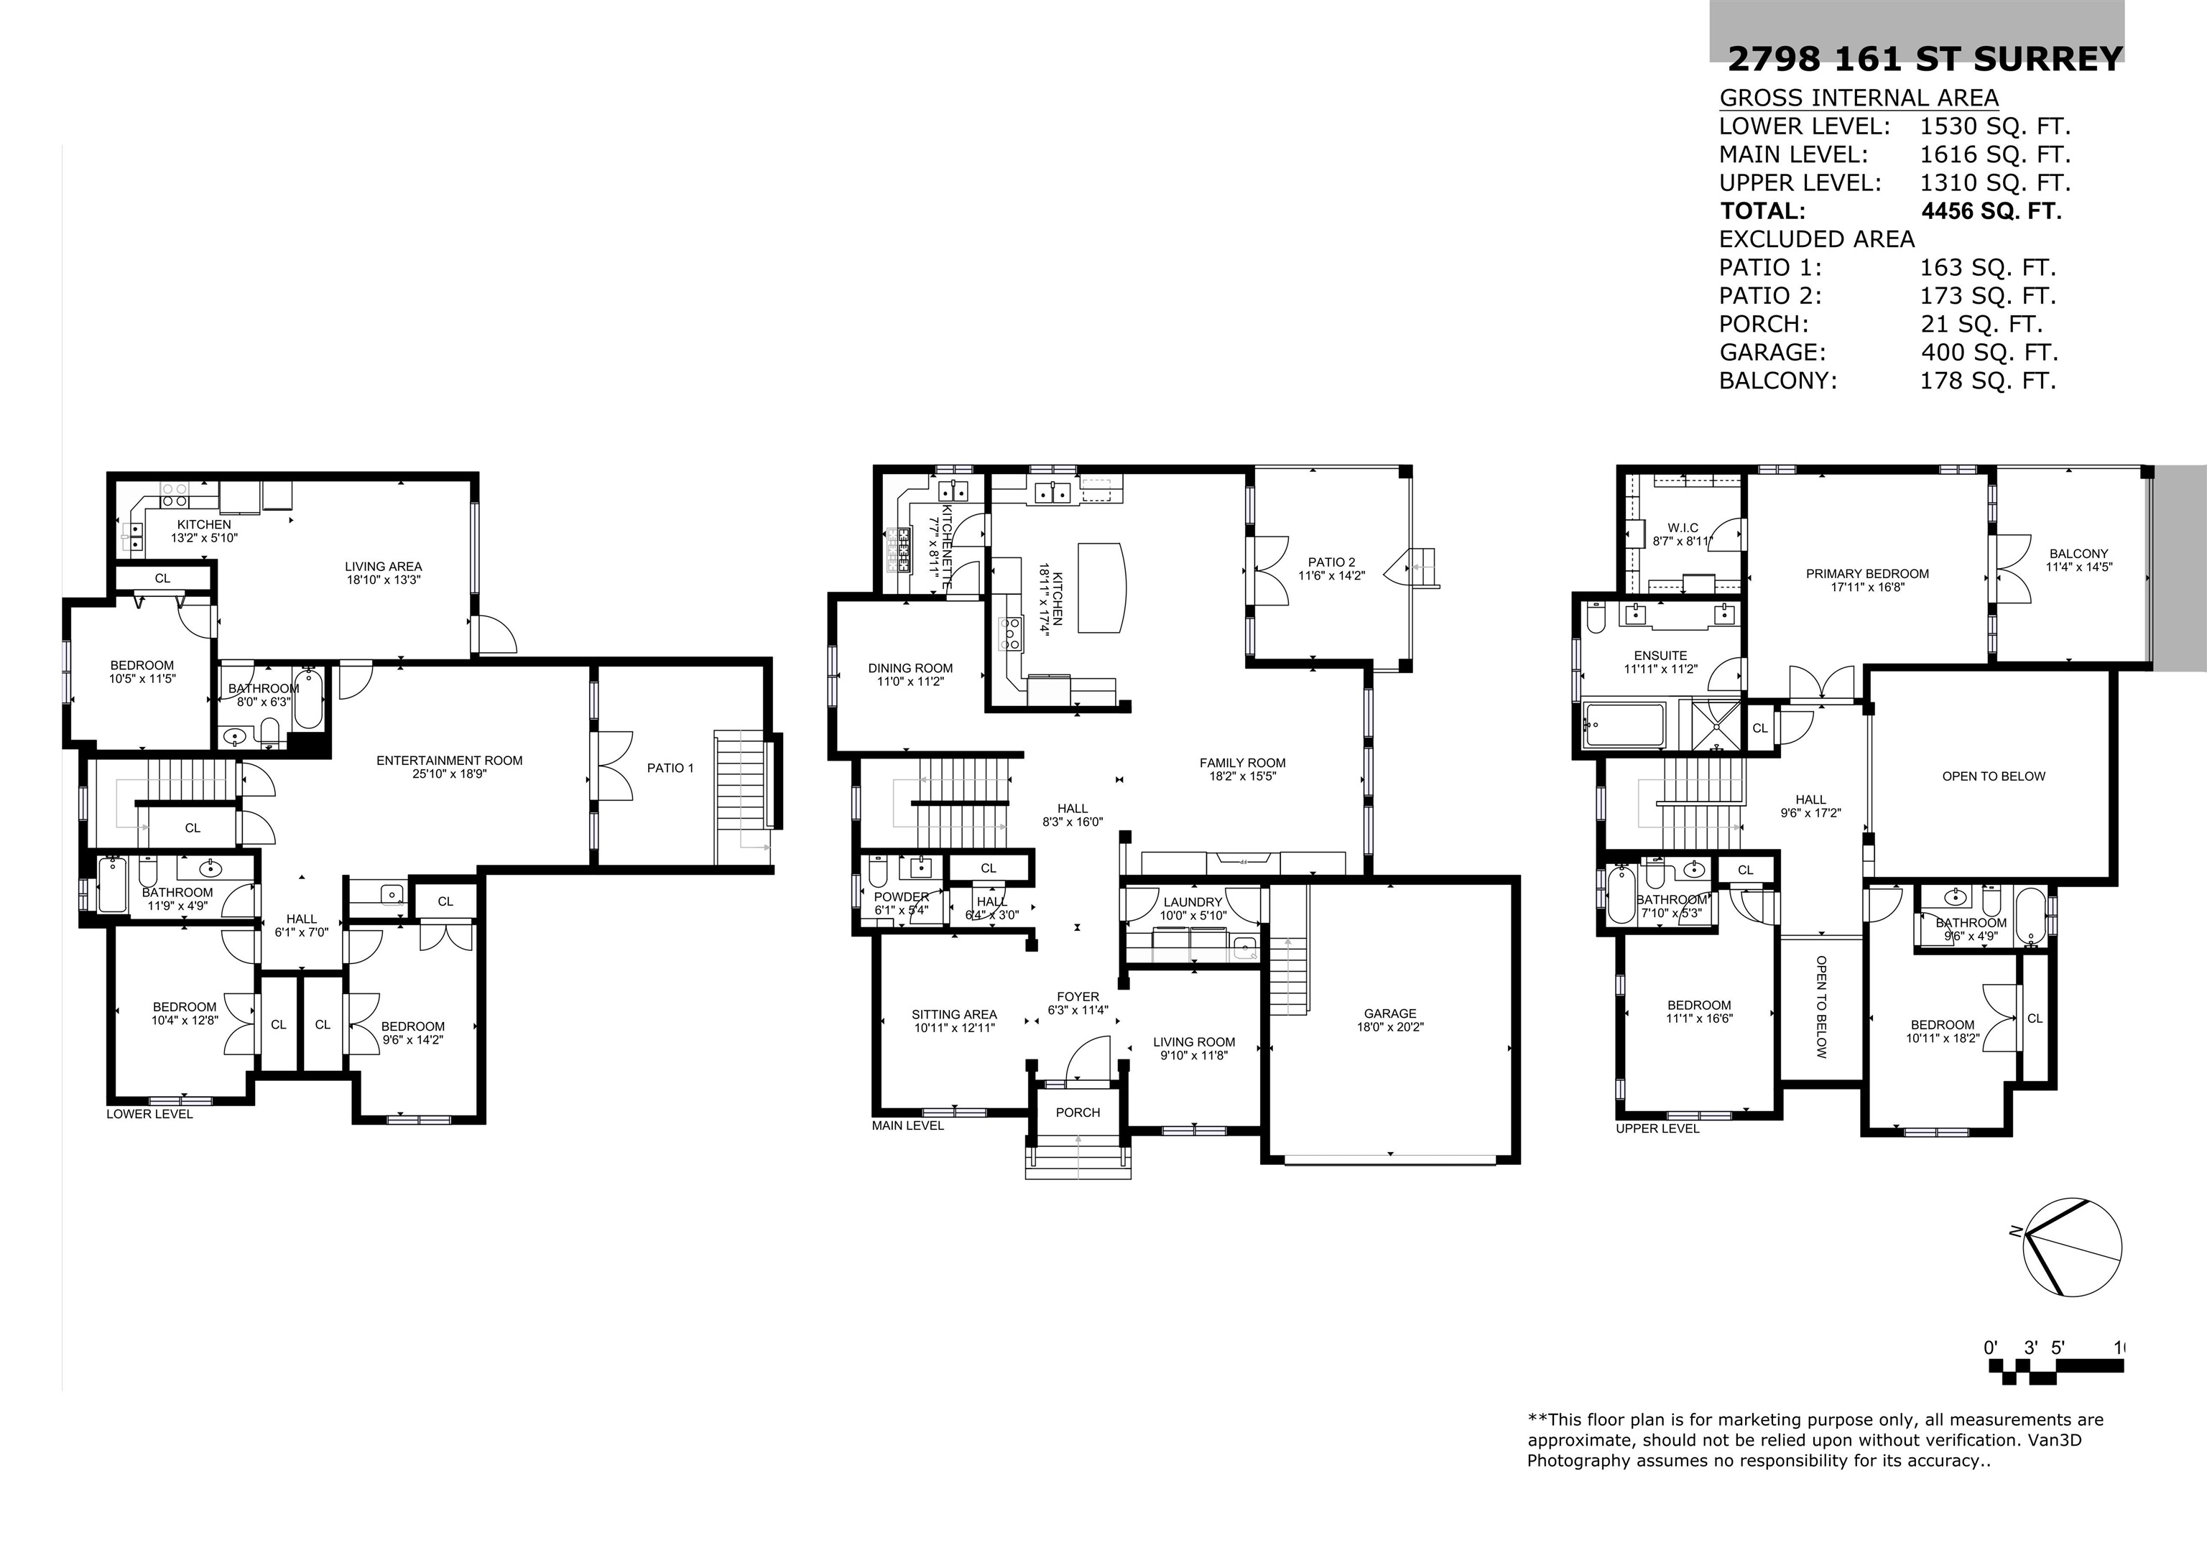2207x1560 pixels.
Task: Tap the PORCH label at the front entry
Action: click(x=1078, y=1112)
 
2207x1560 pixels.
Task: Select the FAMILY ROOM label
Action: click(x=1242, y=763)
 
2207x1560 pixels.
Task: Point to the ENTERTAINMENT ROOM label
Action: click(x=449, y=761)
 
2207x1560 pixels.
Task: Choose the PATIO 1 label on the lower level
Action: click(x=670, y=768)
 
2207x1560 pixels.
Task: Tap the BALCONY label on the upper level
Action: click(x=2078, y=554)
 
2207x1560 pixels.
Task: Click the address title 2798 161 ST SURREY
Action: click(x=1925, y=60)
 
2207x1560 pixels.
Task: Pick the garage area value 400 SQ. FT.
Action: click(x=1988, y=353)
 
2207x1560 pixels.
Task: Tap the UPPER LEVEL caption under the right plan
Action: click(x=1657, y=1128)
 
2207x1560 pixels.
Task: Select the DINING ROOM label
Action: click(x=910, y=668)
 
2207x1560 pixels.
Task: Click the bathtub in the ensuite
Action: click(x=1624, y=725)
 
